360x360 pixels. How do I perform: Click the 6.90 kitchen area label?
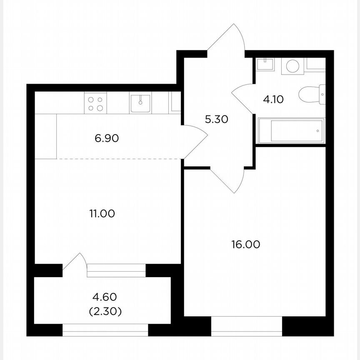[x=107, y=138]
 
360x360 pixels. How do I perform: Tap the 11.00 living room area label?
[x=102, y=214]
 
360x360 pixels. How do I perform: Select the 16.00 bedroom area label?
[x=246, y=244]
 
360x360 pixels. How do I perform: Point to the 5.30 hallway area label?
[x=216, y=120]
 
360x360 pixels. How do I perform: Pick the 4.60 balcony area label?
[x=105, y=297]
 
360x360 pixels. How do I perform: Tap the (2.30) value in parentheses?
[x=105, y=311]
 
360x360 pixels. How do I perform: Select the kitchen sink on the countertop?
[x=140, y=103]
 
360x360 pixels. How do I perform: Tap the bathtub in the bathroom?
[x=291, y=131]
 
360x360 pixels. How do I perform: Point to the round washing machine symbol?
[x=293, y=66]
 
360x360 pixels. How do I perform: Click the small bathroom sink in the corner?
[x=265, y=64]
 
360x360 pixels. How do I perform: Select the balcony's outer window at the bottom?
[x=105, y=330]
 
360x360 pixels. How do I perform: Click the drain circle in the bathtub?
[x=317, y=131]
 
